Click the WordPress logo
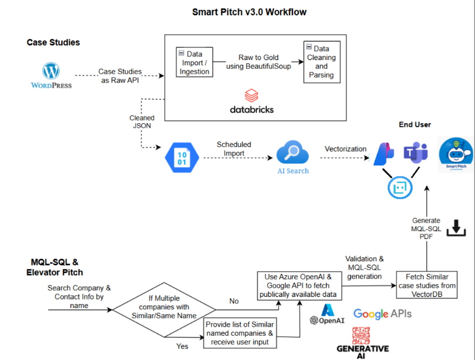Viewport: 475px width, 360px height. [51, 71]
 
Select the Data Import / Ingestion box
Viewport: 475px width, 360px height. [194, 63]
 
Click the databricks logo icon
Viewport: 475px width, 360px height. [251, 95]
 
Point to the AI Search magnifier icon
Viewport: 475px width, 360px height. [292, 153]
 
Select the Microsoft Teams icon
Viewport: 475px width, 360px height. [415, 153]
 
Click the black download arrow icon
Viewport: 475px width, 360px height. [456, 228]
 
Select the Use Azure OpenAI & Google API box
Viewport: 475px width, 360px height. [299, 285]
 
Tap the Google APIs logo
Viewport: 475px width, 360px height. [382, 314]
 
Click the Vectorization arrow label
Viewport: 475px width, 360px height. [345, 149]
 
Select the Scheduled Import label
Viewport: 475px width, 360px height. [234, 149]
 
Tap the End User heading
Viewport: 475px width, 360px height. [415, 125]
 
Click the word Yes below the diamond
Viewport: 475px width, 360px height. [183, 347]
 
